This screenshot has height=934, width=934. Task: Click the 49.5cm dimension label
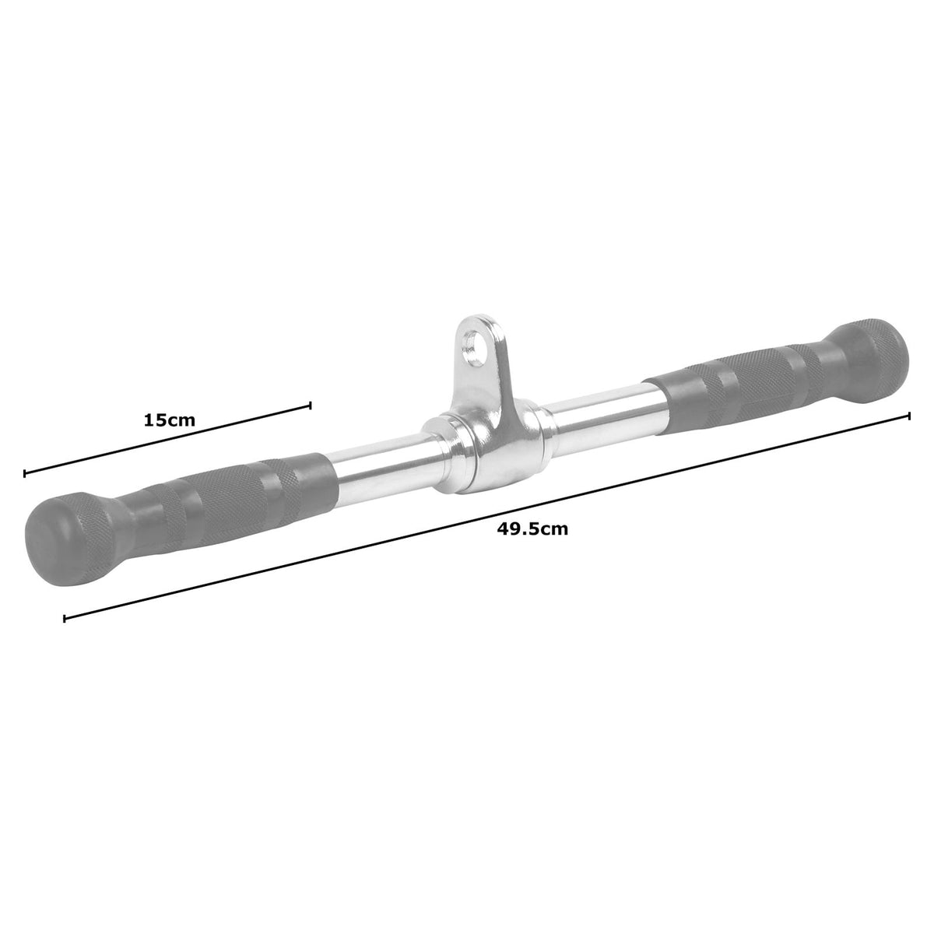[532, 529]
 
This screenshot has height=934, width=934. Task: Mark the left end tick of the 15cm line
[25, 472]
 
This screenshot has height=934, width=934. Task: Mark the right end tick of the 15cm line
[311, 405]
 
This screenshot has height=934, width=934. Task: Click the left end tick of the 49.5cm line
[65, 619]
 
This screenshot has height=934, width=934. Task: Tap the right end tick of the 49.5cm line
[909, 416]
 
